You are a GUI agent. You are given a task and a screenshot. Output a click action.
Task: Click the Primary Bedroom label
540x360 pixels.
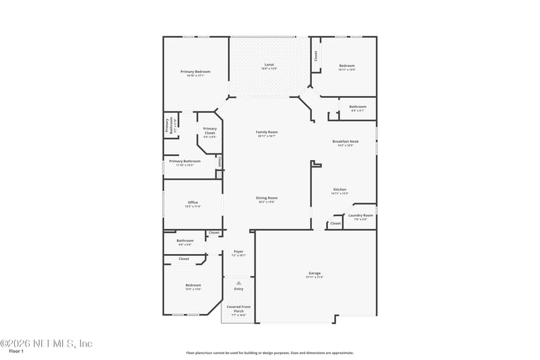point(195,72)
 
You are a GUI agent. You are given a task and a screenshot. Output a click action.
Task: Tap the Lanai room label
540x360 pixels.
point(269,65)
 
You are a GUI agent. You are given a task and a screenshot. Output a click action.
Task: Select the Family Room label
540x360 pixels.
point(267,132)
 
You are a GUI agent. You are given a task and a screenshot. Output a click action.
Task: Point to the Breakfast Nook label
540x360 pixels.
point(345,142)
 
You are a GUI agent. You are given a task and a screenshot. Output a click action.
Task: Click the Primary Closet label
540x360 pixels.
point(209,130)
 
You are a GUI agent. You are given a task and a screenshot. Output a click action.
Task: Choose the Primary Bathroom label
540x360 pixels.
point(184,161)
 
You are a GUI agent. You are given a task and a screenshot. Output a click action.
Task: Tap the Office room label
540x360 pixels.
point(192,202)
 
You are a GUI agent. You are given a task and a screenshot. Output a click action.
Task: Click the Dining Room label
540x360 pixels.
point(267,198)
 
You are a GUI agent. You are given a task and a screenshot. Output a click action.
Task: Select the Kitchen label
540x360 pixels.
point(340,189)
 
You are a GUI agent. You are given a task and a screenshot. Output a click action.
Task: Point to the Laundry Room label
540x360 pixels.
point(360,215)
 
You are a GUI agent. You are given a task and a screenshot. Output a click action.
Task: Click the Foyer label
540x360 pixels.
point(238,251)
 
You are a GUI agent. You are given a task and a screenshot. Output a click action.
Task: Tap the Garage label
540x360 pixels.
point(315,274)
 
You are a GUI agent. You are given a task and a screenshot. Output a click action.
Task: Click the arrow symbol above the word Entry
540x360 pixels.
point(238,282)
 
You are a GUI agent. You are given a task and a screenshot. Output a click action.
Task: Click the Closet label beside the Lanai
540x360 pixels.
point(315,57)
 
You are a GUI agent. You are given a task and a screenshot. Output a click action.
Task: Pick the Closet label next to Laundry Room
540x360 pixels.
point(335,223)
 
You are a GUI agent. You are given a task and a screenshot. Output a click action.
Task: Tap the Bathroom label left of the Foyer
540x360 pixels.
point(185,240)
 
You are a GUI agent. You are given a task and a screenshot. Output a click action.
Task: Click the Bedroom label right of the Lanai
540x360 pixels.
point(347,66)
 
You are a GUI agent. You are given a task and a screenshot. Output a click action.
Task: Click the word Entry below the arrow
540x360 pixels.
point(238,289)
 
